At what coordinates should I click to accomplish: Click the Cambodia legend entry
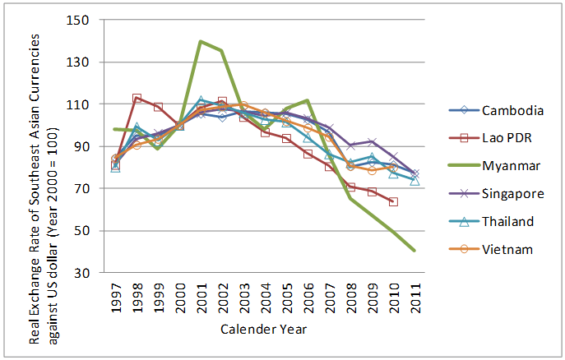point(496,110)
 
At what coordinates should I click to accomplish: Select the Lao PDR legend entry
point(490,138)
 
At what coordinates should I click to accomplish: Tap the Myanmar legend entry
point(494,165)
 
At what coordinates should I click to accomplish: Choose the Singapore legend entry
point(496,194)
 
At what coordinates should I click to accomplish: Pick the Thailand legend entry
point(491,221)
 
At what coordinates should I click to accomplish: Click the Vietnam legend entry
point(491,249)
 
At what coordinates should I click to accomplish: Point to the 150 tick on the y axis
point(77,21)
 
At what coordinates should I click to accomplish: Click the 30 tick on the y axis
point(81,273)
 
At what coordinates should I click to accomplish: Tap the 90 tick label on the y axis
point(81,146)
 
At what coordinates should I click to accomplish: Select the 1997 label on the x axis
point(116,298)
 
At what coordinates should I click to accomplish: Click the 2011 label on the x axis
point(415,298)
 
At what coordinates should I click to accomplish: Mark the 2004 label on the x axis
point(266,298)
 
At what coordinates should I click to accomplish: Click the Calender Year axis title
point(263,329)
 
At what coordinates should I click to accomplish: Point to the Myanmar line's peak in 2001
point(201,41)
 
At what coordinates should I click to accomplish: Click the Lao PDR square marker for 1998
point(137,98)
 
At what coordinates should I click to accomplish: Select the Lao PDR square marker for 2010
point(393,201)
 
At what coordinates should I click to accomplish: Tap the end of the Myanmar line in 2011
point(414,251)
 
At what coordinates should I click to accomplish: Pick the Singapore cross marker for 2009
point(373,142)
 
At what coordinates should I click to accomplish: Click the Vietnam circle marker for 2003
point(243,105)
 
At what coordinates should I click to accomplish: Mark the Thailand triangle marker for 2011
point(414,180)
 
